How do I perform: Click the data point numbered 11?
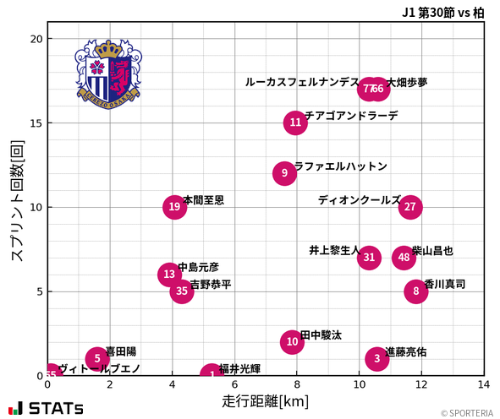[x=294, y=122]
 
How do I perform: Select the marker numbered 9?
[x=285, y=173]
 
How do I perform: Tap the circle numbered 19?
[x=174, y=207]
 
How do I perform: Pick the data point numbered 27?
[x=410, y=207]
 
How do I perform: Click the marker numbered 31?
[x=369, y=258]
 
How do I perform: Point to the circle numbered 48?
[x=404, y=258]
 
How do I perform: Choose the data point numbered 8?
[x=416, y=291]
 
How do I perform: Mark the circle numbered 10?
[x=292, y=341]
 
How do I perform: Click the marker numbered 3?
[x=377, y=358]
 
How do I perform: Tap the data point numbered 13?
[x=170, y=274]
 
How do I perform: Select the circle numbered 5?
[x=97, y=358]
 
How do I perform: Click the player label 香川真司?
[x=444, y=285]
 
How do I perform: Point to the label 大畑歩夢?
[x=407, y=83]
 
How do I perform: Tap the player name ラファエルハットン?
[x=340, y=166]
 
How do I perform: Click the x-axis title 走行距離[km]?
[x=265, y=400]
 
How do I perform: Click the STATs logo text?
[x=56, y=408]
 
